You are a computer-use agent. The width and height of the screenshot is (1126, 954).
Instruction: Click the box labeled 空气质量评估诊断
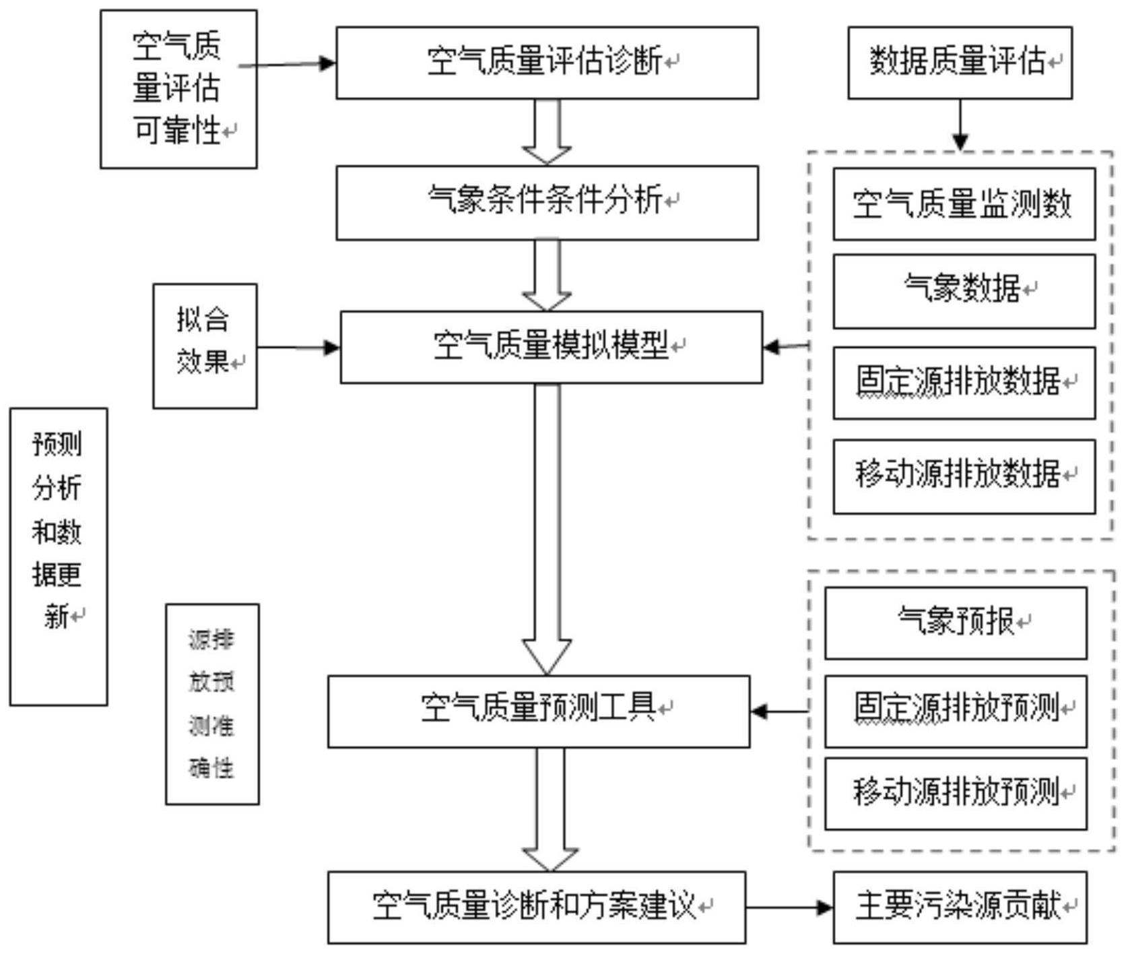click(547, 63)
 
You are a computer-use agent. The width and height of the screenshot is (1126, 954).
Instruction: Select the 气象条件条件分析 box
click(547, 202)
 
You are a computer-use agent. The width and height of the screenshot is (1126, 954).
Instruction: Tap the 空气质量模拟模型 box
click(551, 347)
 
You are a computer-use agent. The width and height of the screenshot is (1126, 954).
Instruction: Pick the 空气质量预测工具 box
click(538, 711)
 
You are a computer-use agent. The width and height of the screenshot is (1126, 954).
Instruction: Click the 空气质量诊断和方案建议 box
click(536, 907)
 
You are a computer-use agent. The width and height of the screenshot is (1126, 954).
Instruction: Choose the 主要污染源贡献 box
click(960, 907)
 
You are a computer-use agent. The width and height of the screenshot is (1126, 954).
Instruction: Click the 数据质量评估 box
click(960, 63)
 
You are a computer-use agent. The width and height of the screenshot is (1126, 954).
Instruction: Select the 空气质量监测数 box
click(964, 204)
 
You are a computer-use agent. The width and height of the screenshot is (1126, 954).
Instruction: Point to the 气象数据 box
click(964, 291)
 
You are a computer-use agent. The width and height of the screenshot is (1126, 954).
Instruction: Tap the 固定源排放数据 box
click(964, 383)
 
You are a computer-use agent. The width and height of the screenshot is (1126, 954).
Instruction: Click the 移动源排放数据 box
click(964, 476)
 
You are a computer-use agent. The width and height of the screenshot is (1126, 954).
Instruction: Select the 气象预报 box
click(955, 623)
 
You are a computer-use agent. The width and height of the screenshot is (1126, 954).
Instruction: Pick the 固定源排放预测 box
click(955, 711)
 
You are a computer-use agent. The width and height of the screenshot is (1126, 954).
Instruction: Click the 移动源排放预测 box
click(955, 793)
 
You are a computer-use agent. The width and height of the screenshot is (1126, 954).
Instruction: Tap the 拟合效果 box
click(205, 346)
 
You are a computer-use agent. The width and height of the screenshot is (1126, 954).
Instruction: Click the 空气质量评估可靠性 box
click(178, 88)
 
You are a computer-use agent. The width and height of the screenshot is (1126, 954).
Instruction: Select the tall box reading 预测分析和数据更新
click(59, 556)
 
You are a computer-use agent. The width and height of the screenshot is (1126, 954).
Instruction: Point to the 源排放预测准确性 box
click(212, 703)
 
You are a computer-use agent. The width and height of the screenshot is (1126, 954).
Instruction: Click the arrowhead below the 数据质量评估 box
click(960, 141)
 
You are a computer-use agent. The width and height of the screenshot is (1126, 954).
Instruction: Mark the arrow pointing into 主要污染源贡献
click(823, 908)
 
